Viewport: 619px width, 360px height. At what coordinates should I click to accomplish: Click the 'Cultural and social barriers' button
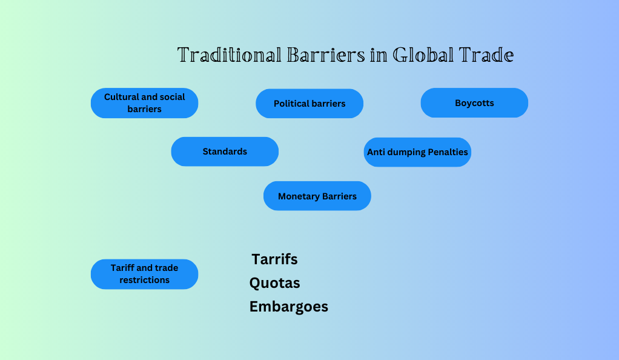point(145,103)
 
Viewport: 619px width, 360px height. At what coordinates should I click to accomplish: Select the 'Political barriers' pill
point(309,104)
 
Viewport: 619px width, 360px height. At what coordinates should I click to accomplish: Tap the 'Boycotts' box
point(474,103)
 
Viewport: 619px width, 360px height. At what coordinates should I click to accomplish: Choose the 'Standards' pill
point(225,152)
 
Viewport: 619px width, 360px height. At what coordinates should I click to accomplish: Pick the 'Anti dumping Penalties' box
point(418,152)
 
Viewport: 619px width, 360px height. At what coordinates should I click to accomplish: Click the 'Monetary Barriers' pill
point(317,196)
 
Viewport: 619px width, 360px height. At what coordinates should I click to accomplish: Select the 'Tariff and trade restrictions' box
point(145,275)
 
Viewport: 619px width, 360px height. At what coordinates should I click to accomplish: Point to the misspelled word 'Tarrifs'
point(275,259)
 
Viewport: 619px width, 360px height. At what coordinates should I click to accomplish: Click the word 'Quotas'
point(275,283)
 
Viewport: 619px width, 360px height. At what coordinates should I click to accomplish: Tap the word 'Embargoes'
point(289,307)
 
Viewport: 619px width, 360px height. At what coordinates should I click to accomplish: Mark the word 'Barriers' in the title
point(326,55)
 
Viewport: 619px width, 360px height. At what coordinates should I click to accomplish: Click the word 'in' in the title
point(379,55)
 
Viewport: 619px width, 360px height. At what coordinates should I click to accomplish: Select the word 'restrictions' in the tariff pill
point(145,280)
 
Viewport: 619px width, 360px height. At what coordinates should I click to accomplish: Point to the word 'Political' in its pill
point(291,104)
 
